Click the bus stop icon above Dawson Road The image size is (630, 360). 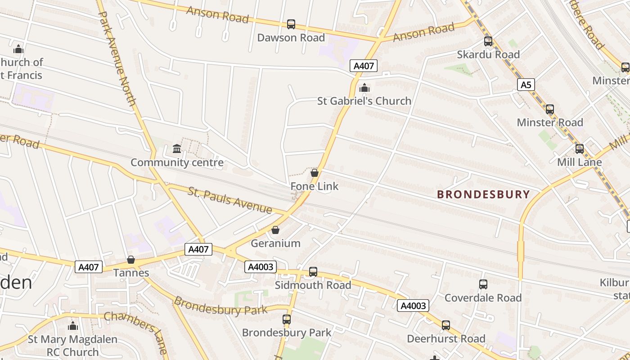[291, 24]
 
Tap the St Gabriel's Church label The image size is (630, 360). [364, 101]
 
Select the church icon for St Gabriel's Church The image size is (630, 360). [364, 88]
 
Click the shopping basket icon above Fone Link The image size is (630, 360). [315, 173]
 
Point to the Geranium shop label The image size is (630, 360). [275, 243]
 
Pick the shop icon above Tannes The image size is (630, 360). [131, 260]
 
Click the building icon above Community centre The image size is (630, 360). [177, 148]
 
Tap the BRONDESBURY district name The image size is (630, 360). [484, 194]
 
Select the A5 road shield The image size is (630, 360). [526, 85]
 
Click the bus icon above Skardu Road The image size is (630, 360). [488, 41]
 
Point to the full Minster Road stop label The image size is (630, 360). [549, 122]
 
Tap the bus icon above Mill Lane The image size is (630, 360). [580, 149]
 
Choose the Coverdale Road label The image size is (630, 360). [483, 298]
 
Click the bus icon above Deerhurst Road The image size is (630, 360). [445, 325]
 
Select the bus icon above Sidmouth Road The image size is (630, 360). [313, 272]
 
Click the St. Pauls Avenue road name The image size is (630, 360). [230, 200]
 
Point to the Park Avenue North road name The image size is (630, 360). [117, 58]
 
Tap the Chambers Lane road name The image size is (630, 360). [135, 331]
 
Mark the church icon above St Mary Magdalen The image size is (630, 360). [72, 326]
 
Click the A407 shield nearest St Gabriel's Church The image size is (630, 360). [364, 66]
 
